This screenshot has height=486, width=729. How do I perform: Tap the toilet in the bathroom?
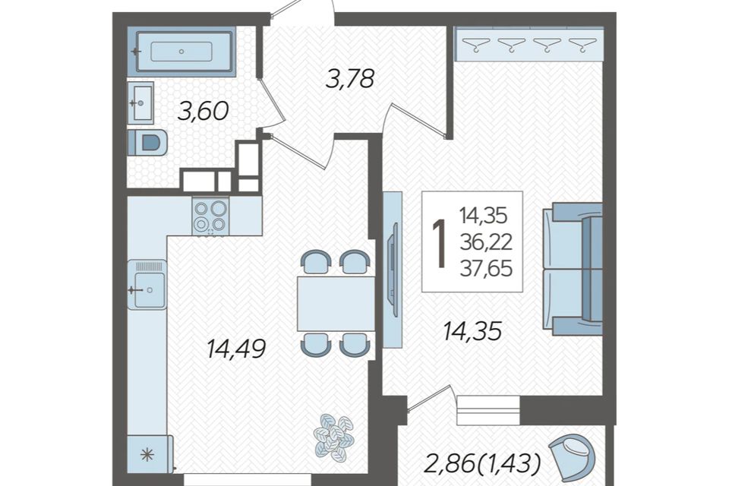(147, 142)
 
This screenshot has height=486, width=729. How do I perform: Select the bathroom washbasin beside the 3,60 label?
(140, 103)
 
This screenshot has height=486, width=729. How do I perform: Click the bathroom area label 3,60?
(204, 112)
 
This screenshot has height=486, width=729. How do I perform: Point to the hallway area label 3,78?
(349, 78)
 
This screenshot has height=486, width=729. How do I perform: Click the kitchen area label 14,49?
(235, 349)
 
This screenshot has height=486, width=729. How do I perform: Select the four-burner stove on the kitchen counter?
(210, 216)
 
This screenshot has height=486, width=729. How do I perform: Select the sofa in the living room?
(573, 269)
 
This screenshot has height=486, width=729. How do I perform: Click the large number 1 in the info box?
(439, 244)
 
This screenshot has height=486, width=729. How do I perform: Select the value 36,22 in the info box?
(486, 241)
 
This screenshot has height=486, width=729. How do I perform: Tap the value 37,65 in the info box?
(486, 268)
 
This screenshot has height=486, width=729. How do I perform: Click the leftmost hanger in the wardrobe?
(475, 45)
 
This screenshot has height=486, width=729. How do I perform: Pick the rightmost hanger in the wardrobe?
(582, 45)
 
